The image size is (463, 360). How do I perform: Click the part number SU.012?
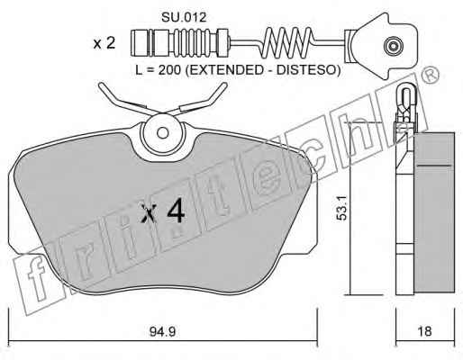coord(184,17)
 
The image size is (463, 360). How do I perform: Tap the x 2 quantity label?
coord(104,43)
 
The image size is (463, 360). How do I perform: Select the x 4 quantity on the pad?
coord(163,211)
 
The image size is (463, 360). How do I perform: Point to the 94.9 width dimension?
coord(162,331)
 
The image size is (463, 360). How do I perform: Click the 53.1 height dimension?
coord(341,208)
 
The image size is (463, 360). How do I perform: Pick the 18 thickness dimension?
coord(424,331)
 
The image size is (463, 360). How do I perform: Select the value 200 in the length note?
coord(168,70)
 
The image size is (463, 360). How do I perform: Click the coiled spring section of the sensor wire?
coord(287,42)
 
